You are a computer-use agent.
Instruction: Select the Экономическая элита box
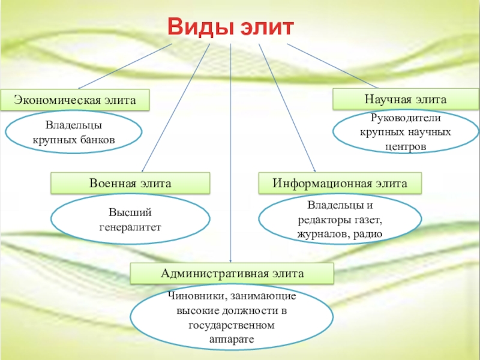click(74, 100)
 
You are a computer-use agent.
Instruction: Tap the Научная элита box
click(406, 98)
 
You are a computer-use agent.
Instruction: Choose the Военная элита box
click(130, 183)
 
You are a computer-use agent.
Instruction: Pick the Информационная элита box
click(340, 183)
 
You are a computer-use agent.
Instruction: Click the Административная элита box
click(232, 274)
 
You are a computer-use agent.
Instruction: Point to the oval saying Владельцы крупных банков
click(74, 133)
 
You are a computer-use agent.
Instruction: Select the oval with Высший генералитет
click(130, 220)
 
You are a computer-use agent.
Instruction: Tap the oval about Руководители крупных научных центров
click(406, 131)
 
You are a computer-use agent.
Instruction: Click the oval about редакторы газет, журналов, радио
click(340, 219)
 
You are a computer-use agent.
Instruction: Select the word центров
click(406, 146)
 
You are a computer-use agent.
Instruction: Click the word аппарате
click(232, 340)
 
